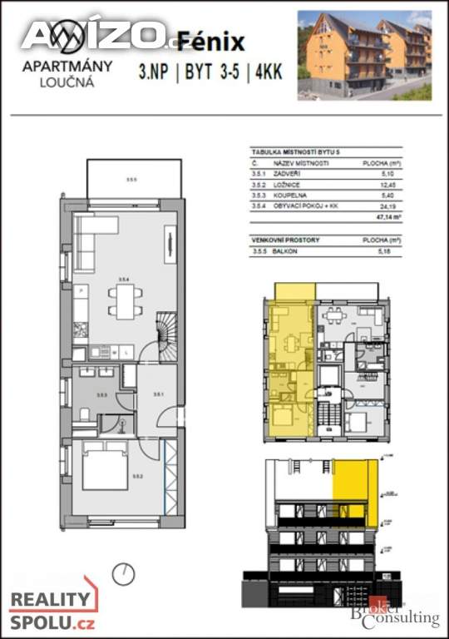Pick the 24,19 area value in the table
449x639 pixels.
[x=382, y=205]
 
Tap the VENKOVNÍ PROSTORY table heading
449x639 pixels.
[x=286, y=239]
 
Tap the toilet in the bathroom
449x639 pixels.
[x=84, y=415]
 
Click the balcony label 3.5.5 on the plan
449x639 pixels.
[x=132, y=177]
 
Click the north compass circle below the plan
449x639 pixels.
[x=125, y=572]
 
